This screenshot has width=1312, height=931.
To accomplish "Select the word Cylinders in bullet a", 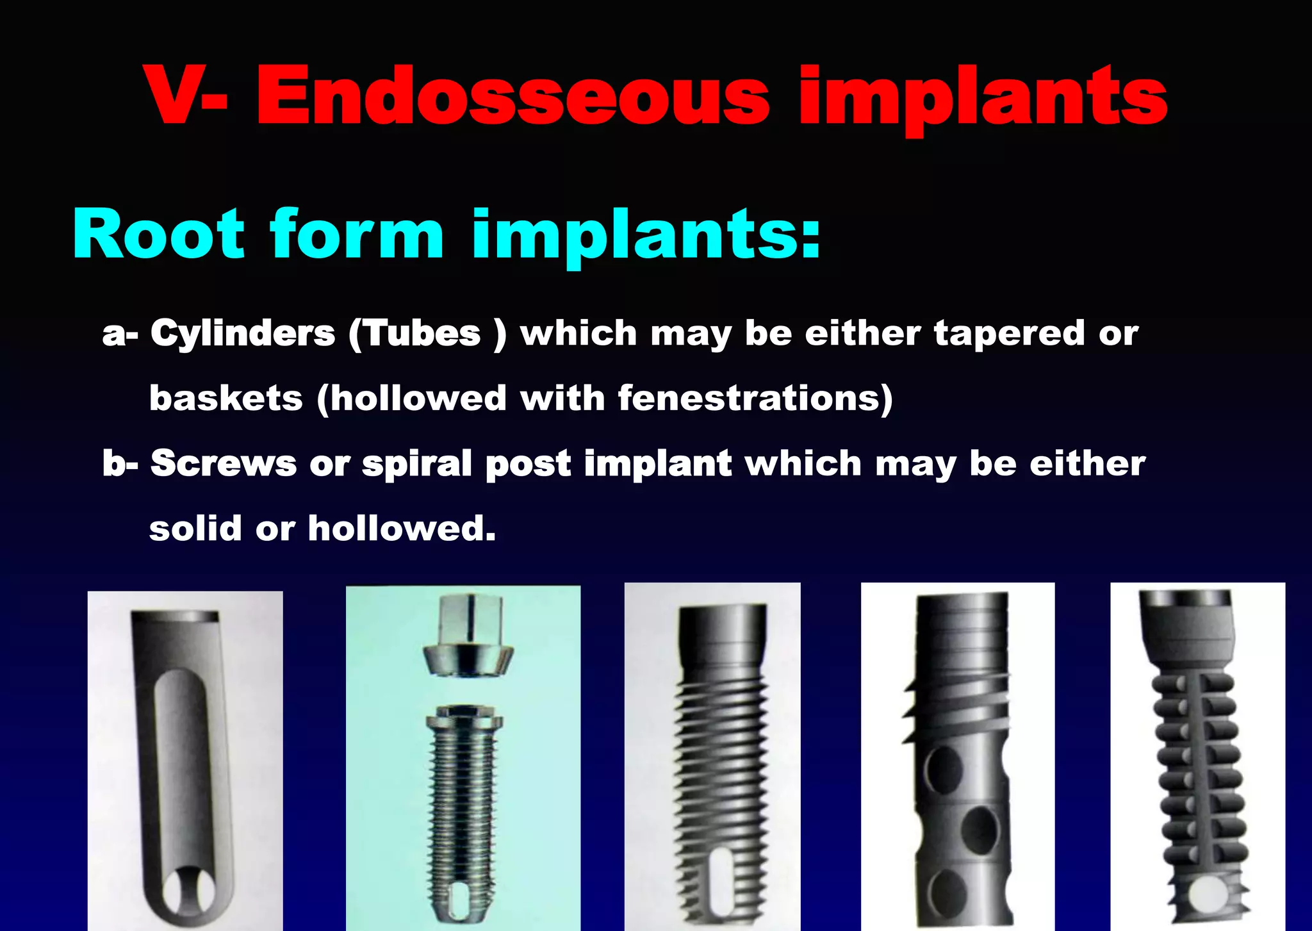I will tap(243, 334).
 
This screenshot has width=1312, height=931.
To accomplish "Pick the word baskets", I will tap(225, 399).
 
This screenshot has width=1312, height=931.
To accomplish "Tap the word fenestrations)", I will tap(755, 399).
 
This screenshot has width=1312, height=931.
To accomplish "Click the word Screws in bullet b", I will tap(224, 463).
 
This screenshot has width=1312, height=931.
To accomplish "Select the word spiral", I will tap(417, 463).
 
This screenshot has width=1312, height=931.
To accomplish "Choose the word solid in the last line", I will tap(196, 529).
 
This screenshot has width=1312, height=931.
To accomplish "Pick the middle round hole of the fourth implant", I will tap(980, 830).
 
